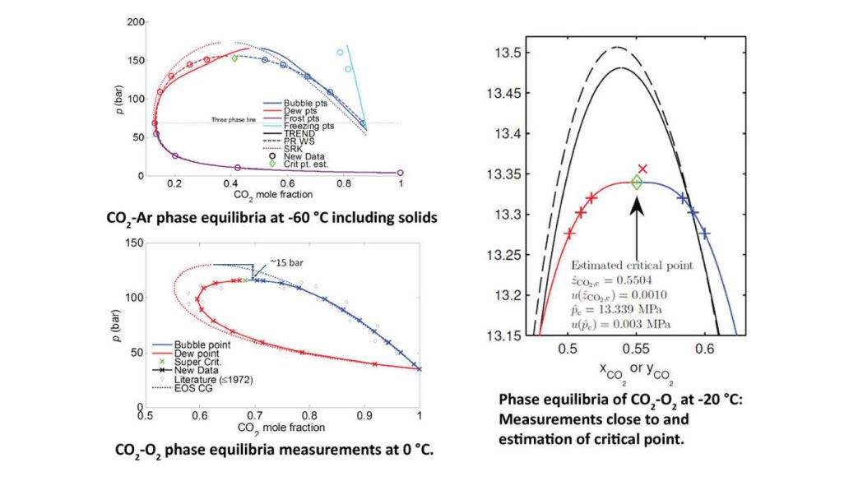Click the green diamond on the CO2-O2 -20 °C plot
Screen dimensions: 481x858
click(x=636, y=183)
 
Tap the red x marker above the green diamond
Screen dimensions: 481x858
click(x=642, y=169)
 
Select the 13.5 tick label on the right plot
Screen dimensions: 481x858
click(x=507, y=53)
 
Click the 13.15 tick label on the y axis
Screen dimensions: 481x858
click(x=503, y=335)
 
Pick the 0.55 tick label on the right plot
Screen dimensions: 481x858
click(x=636, y=350)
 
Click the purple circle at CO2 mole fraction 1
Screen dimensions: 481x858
click(x=401, y=173)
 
